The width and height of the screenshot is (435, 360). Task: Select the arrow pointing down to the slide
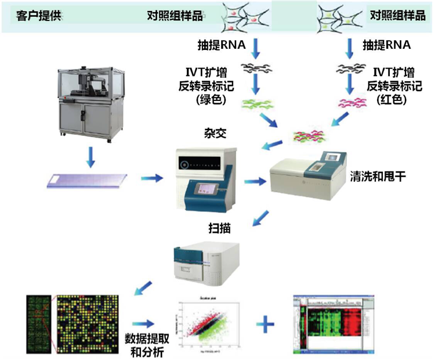click(90, 155)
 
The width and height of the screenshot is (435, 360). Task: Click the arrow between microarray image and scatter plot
click(144, 323)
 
